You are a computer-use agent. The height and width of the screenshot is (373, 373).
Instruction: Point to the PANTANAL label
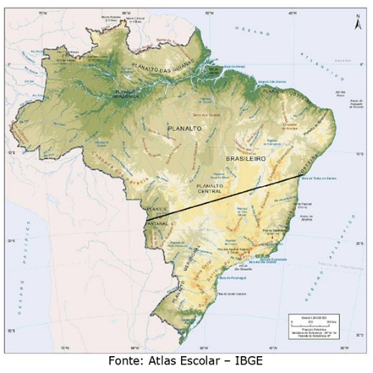point(158,223)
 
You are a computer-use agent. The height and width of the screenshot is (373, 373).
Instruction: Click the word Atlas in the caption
point(169,362)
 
